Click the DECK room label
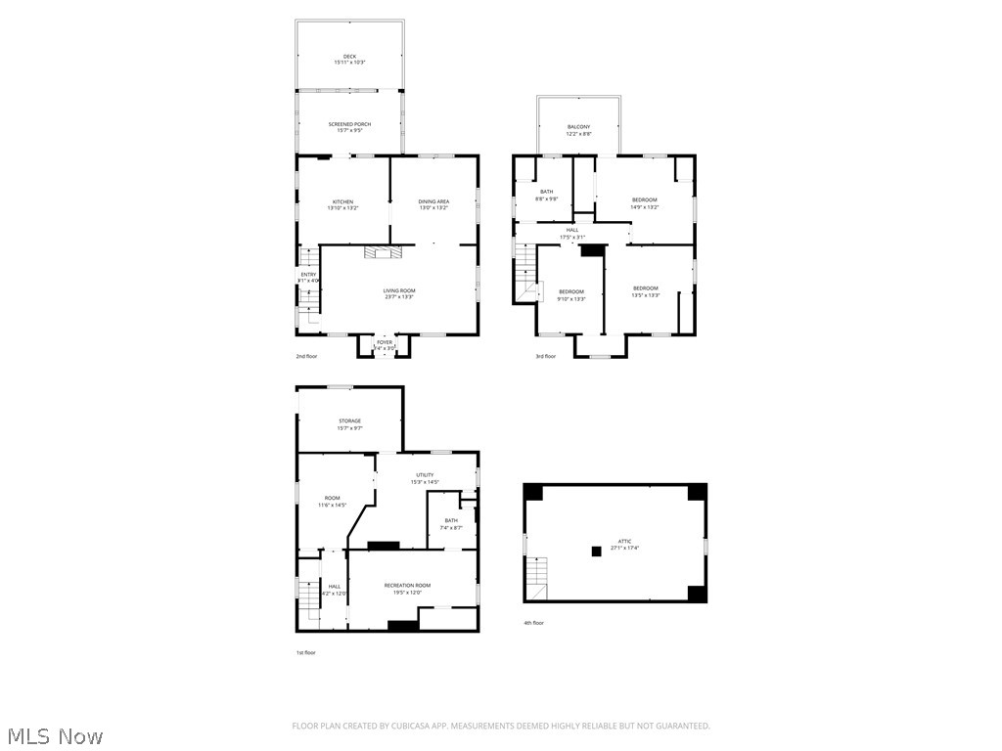pos(349,57)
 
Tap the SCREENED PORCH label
pos(349,124)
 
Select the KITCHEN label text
pos(342,201)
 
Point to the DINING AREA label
pos(433,201)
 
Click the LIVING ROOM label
pos(399,290)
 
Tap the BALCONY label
pos(578,127)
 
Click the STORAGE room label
pos(349,421)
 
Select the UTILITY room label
pos(424,475)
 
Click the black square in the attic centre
pos(596,551)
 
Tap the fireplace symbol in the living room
pos(383,252)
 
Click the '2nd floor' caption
pos(306,357)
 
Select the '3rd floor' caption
pos(545,357)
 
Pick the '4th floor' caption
pos(533,623)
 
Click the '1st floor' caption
pos(306,652)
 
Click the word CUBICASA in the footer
pos(415,726)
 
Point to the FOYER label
pos(385,342)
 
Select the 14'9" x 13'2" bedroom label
pos(644,199)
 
